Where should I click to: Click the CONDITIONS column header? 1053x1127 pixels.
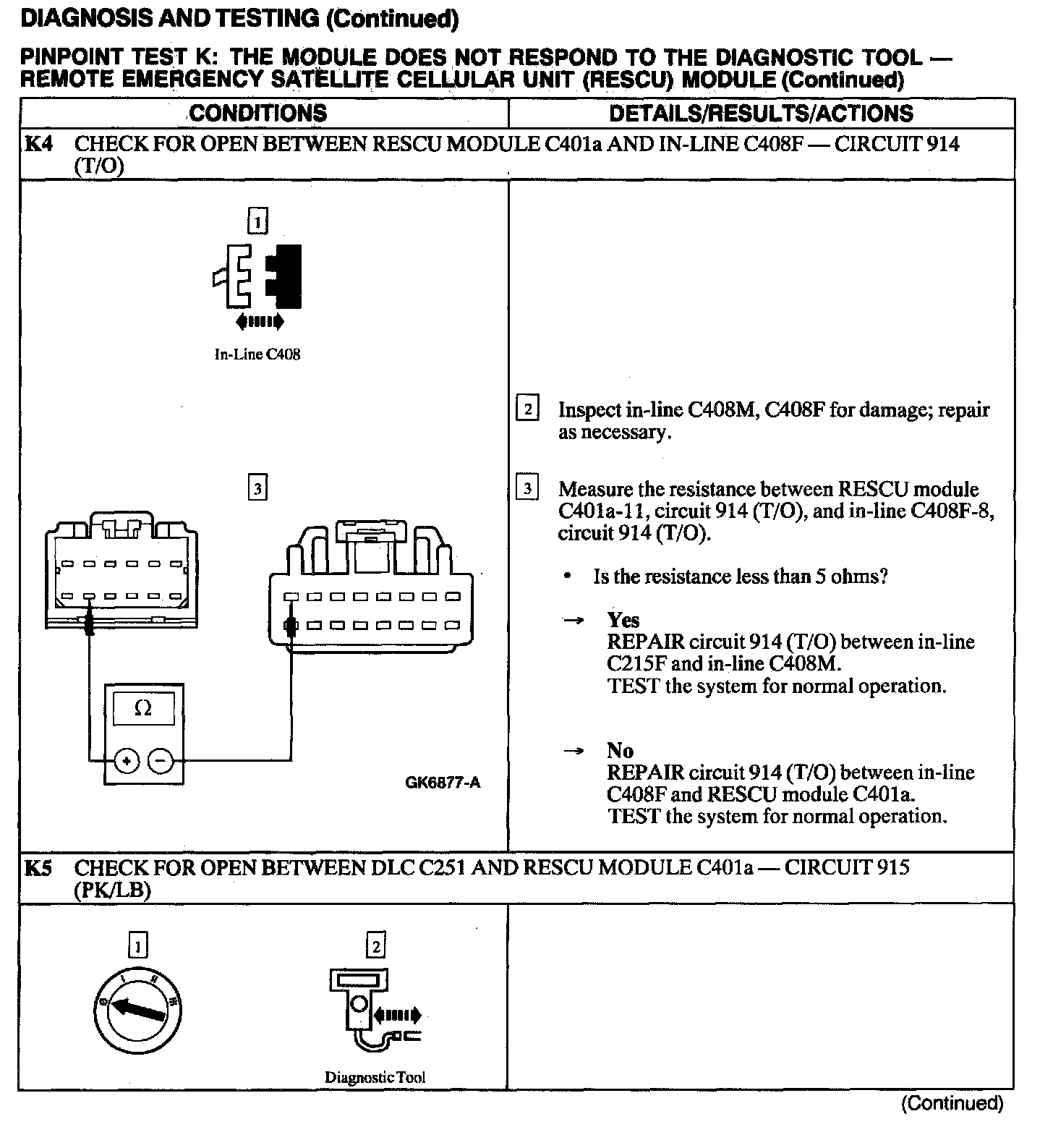click(x=258, y=114)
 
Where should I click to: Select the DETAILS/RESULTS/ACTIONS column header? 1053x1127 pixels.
click(x=761, y=114)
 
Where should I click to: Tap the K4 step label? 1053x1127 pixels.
click(x=38, y=144)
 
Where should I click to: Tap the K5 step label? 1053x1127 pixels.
click(x=38, y=867)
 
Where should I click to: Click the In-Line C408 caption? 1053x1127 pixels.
click(x=257, y=354)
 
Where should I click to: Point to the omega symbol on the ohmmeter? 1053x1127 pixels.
click(x=143, y=709)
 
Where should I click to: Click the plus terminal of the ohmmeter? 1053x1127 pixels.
click(x=127, y=760)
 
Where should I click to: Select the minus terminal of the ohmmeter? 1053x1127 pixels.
click(x=161, y=760)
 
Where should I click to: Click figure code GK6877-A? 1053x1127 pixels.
click(x=443, y=782)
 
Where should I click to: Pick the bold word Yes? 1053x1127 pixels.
click(x=623, y=620)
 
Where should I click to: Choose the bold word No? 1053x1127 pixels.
click(x=621, y=750)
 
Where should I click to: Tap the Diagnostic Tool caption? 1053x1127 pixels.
click(x=375, y=1077)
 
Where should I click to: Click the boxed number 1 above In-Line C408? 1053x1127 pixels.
click(x=257, y=221)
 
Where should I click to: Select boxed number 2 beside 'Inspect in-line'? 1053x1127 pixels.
click(x=527, y=409)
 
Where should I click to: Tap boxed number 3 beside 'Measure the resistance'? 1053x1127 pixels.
click(x=527, y=489)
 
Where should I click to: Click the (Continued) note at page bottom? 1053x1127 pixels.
click(x=952, y=1103)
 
